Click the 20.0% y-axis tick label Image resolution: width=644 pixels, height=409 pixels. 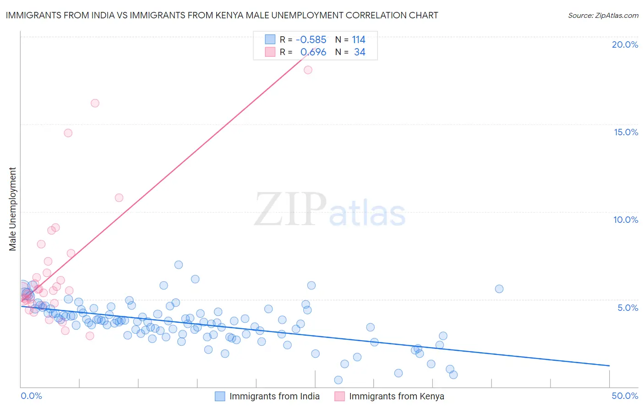coord(625,44)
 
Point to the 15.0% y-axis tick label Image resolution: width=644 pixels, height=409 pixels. coord(626,132)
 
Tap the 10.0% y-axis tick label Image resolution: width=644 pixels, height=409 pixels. coord(626,220)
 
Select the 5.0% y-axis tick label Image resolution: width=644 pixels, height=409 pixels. coord(628,308)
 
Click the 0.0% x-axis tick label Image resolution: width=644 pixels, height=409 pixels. coord(31,396)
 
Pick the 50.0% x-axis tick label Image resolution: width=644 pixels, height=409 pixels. coord(625,396)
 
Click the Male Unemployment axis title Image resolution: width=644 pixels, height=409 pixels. coord(12,209)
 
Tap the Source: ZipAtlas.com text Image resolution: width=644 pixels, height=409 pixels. coord(603,15)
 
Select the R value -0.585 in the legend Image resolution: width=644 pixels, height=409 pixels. coord(311,39)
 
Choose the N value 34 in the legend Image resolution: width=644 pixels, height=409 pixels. coord(360,52)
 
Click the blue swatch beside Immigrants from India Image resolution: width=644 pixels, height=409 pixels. coord(220,396)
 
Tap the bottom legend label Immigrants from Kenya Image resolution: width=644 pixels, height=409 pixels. coord(397,396)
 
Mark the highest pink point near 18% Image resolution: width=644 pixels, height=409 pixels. coord(308,70)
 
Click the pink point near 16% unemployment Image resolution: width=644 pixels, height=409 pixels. coord(95,103)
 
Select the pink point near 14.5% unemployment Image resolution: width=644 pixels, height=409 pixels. coord(68,133)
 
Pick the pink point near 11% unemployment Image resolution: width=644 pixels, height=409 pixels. coord(119,198)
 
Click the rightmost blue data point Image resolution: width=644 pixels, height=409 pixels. coord(499,289)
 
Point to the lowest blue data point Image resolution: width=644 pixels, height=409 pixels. coord(338,380)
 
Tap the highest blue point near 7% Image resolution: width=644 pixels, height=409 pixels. coord(179,265)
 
